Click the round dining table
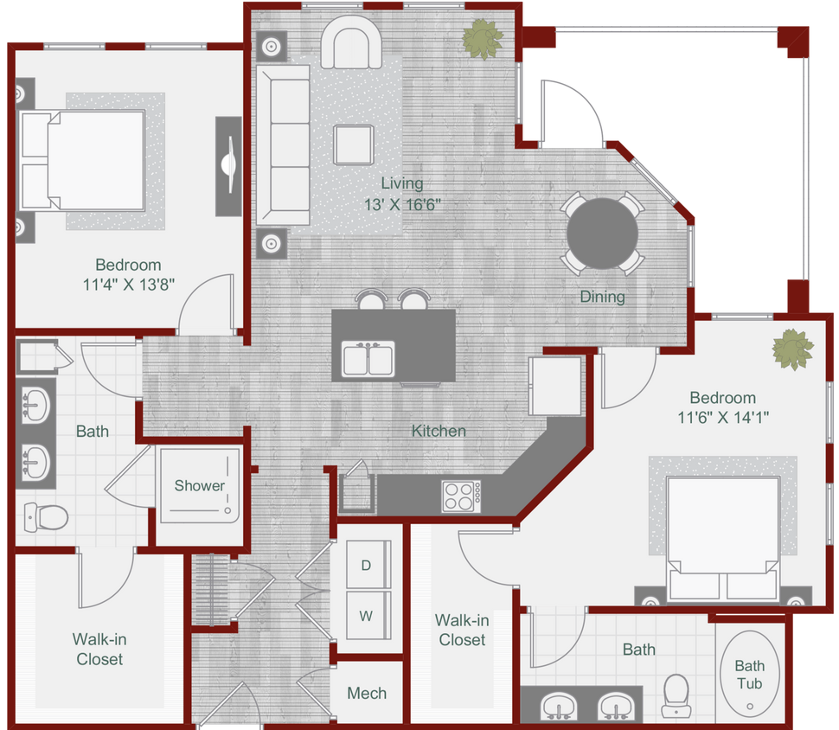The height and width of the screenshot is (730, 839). click(x=603, y=230)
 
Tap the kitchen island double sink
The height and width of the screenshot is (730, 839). click(x=369, y=359)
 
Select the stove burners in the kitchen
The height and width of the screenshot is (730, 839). click(x=462, y=496)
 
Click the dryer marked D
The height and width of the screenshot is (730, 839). click(x=367, y=566)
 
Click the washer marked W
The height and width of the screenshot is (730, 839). click(x=367, y=617)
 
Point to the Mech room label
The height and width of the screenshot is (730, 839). click(x=367, y=693)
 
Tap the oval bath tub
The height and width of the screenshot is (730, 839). click(x=749, y=673)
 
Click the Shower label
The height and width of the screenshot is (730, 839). click(x=200, y=485)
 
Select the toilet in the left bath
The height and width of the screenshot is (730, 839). click(x=46, y=517)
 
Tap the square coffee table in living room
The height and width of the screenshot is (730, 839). click(x=355, y=144)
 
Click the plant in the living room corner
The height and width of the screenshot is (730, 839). click(x=482, y=37)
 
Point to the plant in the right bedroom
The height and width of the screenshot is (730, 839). click(x=792, y=349)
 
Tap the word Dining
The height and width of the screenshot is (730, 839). click(x=602, y=297)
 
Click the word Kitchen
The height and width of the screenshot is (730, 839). click(x=439, y=431)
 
